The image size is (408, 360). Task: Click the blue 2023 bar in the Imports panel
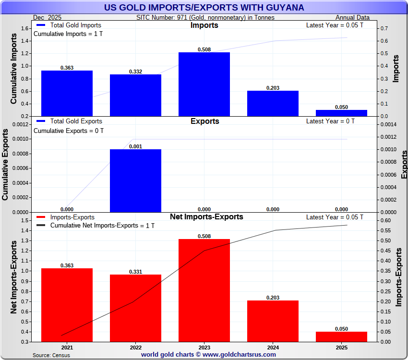(x=204, y=84)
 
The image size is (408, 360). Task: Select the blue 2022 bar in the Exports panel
(x=135, y=180)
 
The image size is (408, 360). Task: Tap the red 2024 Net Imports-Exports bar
(x=273, y=321)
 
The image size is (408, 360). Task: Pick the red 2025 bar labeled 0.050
(x=341, y=336)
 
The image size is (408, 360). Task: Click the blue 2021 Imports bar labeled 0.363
(x=67, y=93)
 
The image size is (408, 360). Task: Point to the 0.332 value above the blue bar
(x=135, y=72)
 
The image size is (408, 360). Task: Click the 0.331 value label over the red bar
(x=135, y=272)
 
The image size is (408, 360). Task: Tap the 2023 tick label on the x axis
(x=204, y=348)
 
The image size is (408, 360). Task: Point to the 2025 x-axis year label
(x=341, y=348)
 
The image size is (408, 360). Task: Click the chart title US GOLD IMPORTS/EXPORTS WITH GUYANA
(x=204, y=8)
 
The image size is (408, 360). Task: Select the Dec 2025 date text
(x=48, y=18)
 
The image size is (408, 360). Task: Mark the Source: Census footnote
(x=51, y=355)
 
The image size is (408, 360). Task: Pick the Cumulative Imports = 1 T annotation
(x=68, y=34)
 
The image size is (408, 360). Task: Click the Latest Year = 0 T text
(x=330, y=121)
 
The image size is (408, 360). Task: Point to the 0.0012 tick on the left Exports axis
(x=21, y=124)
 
